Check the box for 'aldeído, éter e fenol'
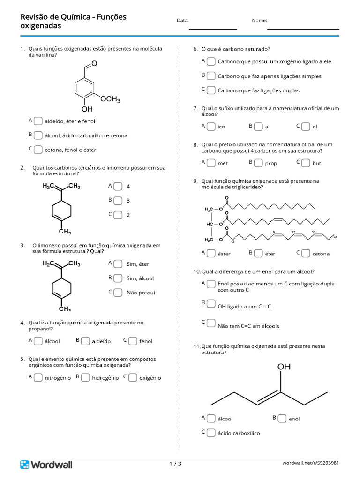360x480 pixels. [x=38, y=121]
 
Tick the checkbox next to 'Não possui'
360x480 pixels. [x=118, y=292]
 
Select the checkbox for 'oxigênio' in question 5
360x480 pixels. [x=133, y=377]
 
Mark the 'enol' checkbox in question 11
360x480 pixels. [x=282, y=419]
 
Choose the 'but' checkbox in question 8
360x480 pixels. [x=306, y=163]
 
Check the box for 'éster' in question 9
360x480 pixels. [x=211, y=253]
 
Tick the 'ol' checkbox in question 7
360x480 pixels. [x=306, y=127]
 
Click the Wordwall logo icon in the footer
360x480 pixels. [x=24, y=465]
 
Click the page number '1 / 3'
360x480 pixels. [x=175, y=464]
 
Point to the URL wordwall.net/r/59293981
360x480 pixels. [x=310, y=463]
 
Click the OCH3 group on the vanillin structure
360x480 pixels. [x=110, y=99]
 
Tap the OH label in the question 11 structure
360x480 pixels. [x=284, y=367]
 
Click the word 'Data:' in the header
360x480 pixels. [x=183, y=21]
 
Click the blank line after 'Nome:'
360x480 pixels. [x=303, y=29]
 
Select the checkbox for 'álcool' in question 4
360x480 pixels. [x=38, y=341]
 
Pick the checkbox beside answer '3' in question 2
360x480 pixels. [x=118, y=201]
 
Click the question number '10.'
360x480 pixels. [x=197, y=271]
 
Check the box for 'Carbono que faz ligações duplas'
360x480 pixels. [x=211, y=90]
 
